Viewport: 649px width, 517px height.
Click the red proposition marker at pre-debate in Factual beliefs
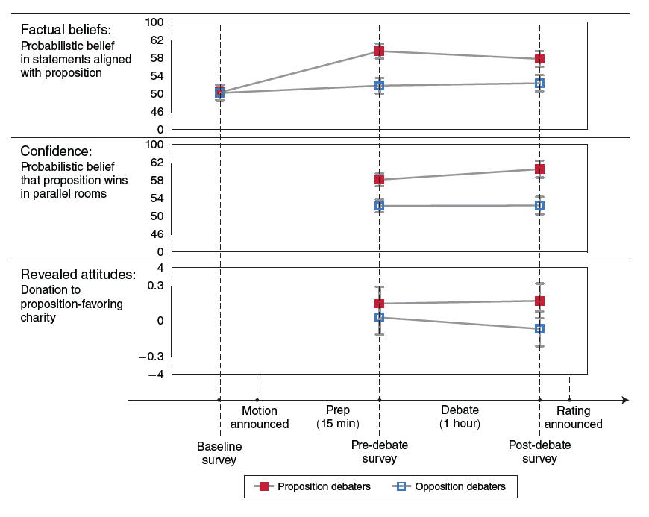click(x=379, y=51)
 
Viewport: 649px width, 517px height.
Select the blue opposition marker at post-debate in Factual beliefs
click(x=539, y=83)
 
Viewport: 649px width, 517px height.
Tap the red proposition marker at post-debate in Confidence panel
click(x=539, y=169)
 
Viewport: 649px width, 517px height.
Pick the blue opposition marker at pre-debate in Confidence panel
click(x=379, y=205)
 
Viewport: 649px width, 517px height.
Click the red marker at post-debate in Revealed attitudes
click(x=539, y=301)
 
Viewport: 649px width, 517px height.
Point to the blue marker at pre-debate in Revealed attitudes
click(x=379, y=317)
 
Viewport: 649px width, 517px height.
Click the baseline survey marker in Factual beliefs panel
click(x=219, y=93)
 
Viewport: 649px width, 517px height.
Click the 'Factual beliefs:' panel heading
click(x=66, y=31)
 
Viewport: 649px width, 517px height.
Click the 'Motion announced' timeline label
click(x=259, y=417)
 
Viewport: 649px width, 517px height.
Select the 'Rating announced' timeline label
click(x=573, y=417)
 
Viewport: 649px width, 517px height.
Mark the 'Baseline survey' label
click(x=219, y=453)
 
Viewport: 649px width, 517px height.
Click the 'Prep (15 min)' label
click(x=338, y=417)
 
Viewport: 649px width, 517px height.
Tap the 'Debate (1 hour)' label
click(x=460, y=417)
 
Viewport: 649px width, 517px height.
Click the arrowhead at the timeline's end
click(x=624, y=400)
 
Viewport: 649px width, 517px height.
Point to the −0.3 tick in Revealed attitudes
click(x=152, y=356)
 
